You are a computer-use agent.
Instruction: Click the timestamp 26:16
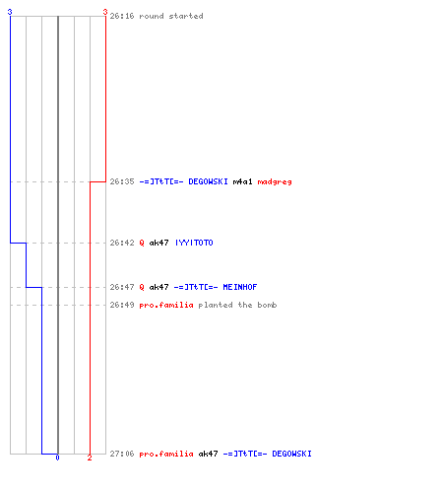[x=122, y=16]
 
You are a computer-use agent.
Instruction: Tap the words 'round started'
[x=171, y=16]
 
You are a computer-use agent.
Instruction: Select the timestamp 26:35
[x=122, y=181]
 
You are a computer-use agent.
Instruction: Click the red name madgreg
[x=275, y=181]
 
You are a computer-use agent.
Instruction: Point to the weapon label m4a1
[x=242, y=181]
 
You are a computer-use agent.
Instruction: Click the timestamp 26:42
[x=122, y=243]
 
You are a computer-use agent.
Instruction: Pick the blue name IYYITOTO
[x=194, y=243]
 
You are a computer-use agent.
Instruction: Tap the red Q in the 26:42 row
[x=142, y=243]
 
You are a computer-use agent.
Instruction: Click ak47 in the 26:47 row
[x=158, y=287]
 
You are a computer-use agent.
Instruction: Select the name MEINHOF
[x=240, y=287]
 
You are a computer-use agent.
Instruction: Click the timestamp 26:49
[x=122, y=305]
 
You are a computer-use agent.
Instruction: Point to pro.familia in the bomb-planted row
[x=166, y=305]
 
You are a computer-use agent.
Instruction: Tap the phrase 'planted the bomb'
[x=237, y=305]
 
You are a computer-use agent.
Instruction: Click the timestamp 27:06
[x=122, y=454]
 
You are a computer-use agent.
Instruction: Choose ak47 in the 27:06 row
[x=208, y=454]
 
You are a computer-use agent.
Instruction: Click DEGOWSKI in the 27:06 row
[x=291, y=454]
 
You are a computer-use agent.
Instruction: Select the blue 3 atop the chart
[x=10, y=12]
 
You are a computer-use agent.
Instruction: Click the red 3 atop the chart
[x=105, y=12]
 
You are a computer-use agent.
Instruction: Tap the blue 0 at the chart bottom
[x=57, y=458]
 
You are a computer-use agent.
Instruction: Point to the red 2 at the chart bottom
[x=90, y=458]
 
